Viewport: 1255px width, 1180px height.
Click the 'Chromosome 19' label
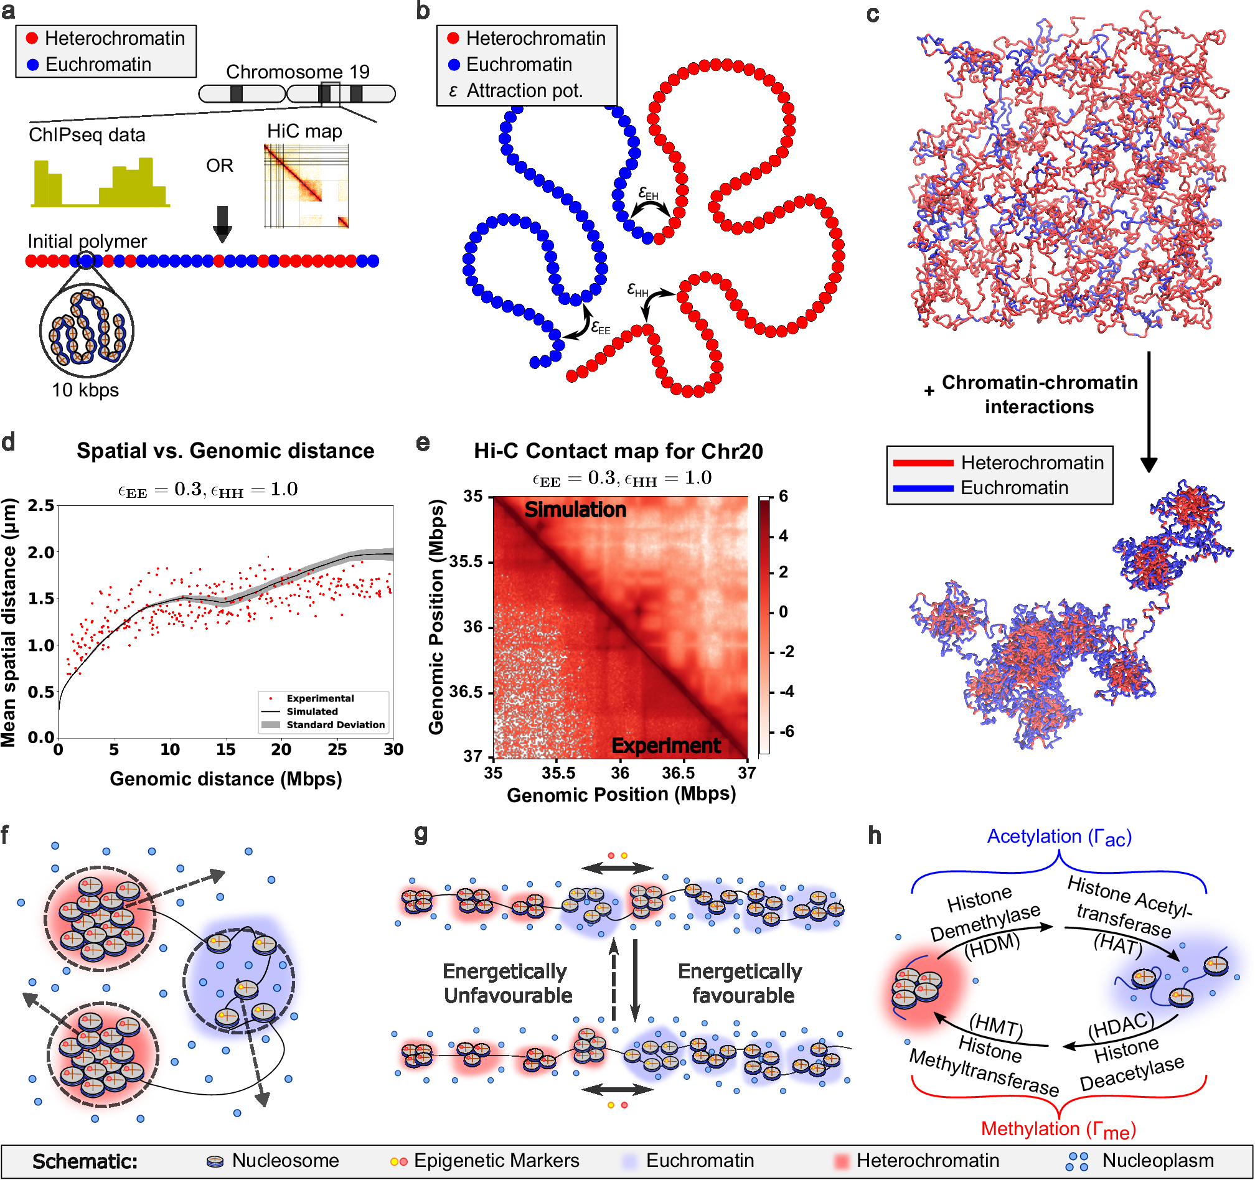[x=298, y=72]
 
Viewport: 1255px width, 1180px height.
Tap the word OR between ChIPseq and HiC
[x=220, y=166]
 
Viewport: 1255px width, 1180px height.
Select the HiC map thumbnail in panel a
[x=306, y=186]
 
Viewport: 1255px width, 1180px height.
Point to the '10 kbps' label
[x=85, y=390]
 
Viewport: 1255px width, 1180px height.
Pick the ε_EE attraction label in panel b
[x=600, y=327]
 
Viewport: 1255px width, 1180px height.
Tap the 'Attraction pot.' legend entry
[x=524, y=91]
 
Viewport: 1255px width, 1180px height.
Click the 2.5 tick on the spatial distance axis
[x=41, y=505]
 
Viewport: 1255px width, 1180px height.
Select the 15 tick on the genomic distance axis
[x=225, y=750]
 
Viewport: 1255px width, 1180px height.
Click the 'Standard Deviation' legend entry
[x=335, y=725]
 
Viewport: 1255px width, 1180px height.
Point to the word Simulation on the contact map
[x=575, y=510]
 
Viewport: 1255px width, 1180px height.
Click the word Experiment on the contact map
[x=666, y=746]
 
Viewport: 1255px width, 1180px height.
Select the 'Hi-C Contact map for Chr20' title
[x=618, y=451]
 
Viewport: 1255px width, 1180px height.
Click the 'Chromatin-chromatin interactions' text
[x=1039, y=395]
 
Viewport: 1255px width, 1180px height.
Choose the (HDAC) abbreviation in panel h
[x=1121, y=1028]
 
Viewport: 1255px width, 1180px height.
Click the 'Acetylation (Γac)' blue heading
[x=1059, y=836]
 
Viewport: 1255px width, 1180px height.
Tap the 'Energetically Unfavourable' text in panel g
[x=507, y=983]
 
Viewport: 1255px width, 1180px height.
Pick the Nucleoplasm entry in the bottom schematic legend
[x=1157, y=1161]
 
